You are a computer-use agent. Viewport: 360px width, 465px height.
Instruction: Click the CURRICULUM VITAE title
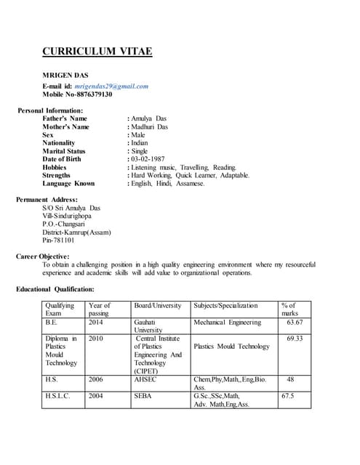coord(97,52)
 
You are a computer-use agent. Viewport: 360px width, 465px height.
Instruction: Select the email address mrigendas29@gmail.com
coord(111,86)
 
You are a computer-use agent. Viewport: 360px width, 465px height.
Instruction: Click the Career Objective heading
coord(43,256)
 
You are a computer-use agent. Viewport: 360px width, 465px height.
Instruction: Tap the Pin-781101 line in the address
coord(58,240)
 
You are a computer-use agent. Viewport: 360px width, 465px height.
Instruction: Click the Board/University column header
coord(158,306)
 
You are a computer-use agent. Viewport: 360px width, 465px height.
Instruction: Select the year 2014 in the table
coord(96,322)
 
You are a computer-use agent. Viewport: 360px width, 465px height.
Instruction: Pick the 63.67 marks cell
coord(294,322)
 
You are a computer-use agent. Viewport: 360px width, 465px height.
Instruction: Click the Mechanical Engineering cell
coord(227,322)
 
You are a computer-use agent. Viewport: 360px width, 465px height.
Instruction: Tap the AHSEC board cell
coord(146,379)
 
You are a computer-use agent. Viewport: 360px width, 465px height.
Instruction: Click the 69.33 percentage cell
coord(294,339)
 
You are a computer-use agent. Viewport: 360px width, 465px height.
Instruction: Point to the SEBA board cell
coord(143,396)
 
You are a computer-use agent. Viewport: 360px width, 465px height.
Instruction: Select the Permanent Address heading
coord(47,199)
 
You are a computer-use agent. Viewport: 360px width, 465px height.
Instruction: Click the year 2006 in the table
coord(96,379)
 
